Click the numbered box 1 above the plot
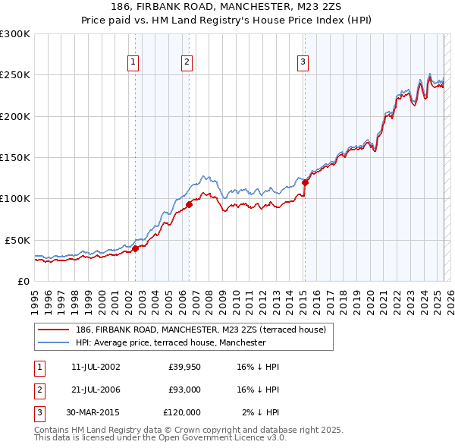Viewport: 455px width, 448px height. coord(133,62)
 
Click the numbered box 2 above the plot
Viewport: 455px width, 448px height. coord(187,62)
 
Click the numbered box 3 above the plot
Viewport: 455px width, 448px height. coord(303,62)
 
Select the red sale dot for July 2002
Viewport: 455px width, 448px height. coord(136,248)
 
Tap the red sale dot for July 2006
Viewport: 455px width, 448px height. coord(189,204)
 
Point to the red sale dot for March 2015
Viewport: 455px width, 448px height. coord(305,182)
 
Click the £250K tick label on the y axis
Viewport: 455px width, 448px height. coord(14,75)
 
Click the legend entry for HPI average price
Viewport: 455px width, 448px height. coord(171,342)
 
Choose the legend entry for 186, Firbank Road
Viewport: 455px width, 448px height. coord(200,330)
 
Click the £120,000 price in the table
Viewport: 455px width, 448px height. coord(182,412)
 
